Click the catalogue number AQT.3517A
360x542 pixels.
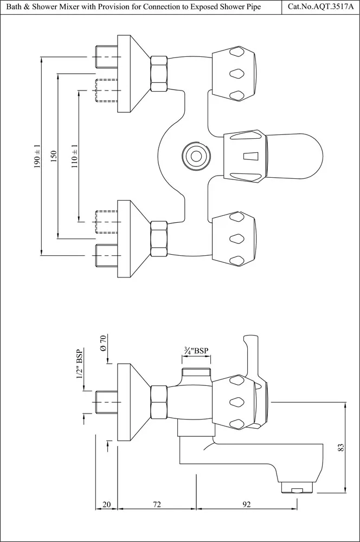click(330, 7)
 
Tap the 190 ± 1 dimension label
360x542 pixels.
click(37, 156)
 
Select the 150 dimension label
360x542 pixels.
click(54, 156)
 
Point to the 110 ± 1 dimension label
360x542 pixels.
click(75, 156)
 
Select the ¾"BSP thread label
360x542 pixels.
click(196, 351)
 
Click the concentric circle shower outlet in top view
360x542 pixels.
click(196, 156)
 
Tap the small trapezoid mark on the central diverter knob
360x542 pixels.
click(250, 156)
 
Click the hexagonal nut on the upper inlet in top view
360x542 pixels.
click(159, 73)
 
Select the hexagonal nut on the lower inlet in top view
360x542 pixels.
click(159, 239)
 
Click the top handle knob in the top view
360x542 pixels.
click(234, 74)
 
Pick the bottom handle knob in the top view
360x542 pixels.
click(234, 238)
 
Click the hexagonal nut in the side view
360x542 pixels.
click(159, 402)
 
